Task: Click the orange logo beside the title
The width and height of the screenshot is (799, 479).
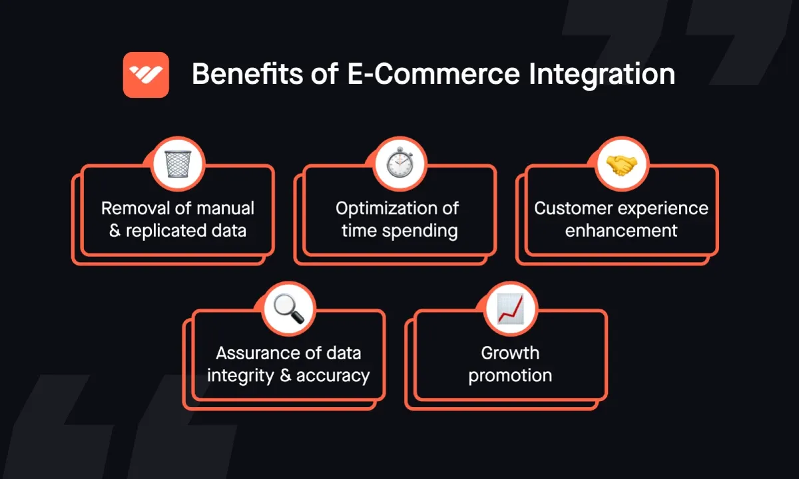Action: click(x=146, y=75)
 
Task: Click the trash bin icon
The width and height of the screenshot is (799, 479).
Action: click(x=178, y=164)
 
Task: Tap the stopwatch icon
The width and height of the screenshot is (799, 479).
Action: click(x=400, y=164)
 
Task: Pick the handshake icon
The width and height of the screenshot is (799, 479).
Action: click(x=621, y=164)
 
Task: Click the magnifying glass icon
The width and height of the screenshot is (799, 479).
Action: click(x=288, y=309)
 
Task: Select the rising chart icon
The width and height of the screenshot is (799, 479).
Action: click(x=510, y=309)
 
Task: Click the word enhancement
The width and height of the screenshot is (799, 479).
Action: click(x=621, y=231)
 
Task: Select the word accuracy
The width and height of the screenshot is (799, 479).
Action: click(x=333, y=375)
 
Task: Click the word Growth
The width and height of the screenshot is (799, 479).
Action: click(x=510, y=353)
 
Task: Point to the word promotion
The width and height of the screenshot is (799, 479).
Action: click(x=510, y=375)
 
